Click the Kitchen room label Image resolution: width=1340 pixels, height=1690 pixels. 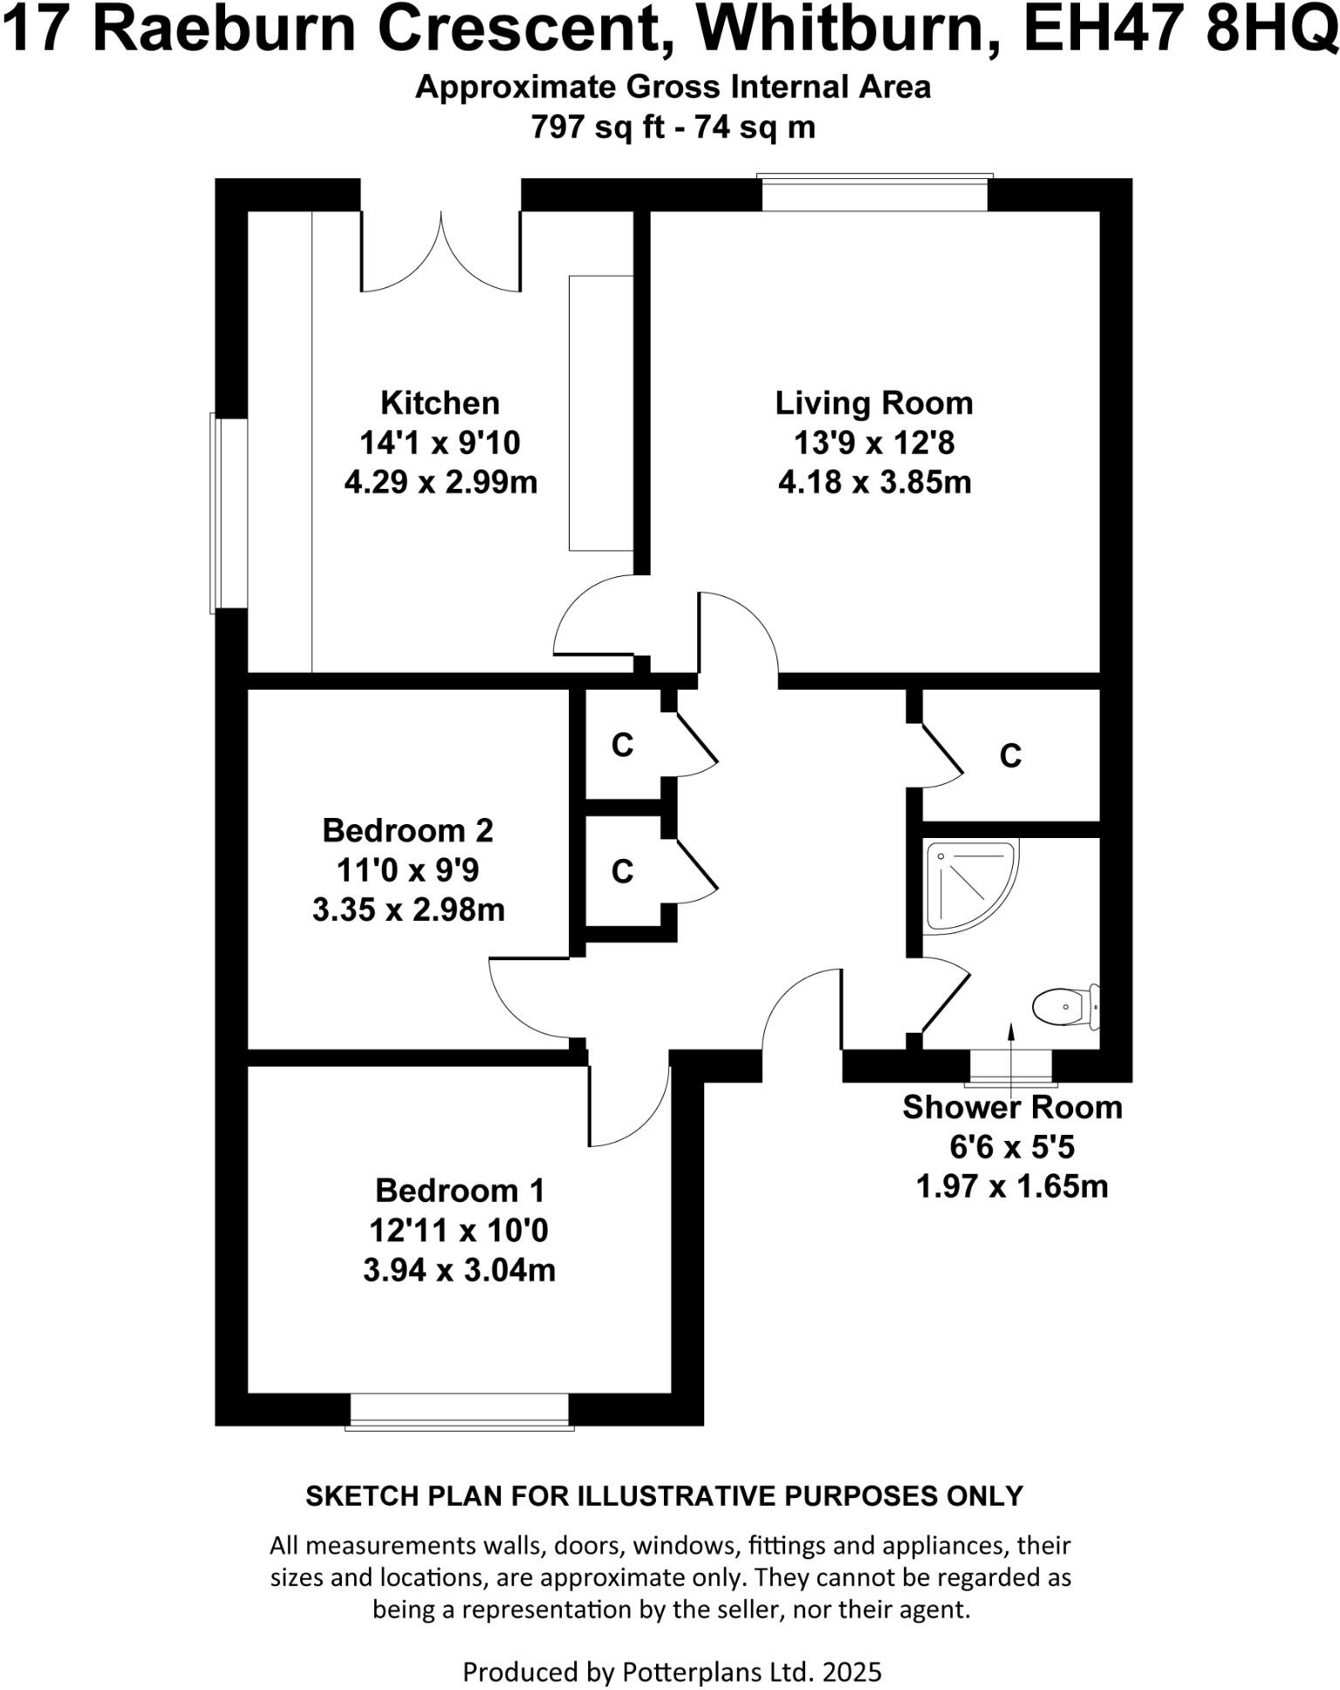pos(440,403)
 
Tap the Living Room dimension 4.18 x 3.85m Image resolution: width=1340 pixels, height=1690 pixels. pos(874,482)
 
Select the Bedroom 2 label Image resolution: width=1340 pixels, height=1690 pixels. pos(407,830)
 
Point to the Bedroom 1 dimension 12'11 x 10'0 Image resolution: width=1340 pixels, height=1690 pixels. pos(459,1230)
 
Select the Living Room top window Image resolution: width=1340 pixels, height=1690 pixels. pos(874,193)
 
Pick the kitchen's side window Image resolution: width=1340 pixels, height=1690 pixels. pos(229,513)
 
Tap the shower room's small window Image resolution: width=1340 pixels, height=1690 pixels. pos(1011,1067)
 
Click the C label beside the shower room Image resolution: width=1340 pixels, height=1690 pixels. pos(1010,756)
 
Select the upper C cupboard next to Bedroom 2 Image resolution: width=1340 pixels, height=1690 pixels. pos(622,745)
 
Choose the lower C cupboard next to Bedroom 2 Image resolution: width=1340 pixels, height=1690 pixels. pos(622,871)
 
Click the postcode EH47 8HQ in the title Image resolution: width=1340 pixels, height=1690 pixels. pos(1179,30)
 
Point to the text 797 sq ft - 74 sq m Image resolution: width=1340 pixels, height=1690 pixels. pos(673,127)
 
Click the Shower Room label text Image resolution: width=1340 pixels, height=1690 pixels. pos(1011,1107)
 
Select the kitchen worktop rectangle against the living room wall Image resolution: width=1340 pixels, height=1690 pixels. pos(600,413)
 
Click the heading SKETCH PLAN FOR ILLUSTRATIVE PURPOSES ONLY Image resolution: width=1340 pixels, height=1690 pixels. pos(664,1495)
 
